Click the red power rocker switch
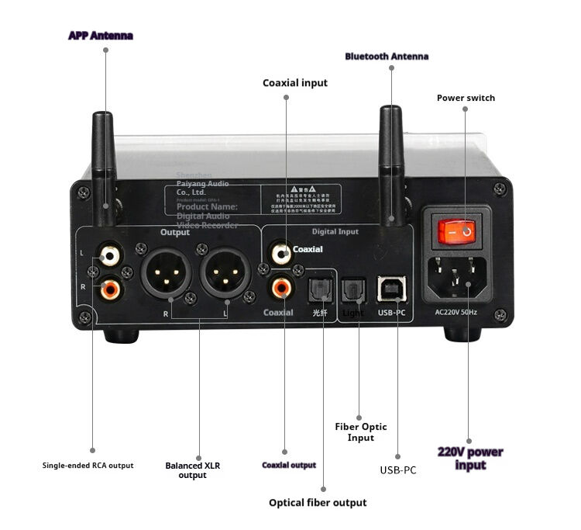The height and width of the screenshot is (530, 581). (456, 230)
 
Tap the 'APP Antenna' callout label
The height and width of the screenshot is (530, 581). (101, 36)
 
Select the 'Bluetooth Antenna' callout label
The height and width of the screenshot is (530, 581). (387, 57)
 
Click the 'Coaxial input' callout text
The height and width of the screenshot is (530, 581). (295, 83)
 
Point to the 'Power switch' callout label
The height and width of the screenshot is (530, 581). (466, 98)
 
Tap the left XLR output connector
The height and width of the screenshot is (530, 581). (166, 274)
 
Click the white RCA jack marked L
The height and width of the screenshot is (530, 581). (109, 255)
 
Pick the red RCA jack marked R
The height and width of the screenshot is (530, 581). (109, 289)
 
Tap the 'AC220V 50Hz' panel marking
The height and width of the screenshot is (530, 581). (462, 312)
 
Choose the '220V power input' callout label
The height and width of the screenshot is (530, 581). (470, 458)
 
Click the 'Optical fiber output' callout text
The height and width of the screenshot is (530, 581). (318, 503)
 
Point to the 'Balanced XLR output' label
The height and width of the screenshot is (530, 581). (193, 470)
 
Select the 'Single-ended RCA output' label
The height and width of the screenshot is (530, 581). (88, 466)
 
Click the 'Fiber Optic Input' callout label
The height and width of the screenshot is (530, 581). (361, 432)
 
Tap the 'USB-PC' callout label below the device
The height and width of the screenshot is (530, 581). (398, 469)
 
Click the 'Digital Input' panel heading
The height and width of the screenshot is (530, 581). (335, 231)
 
